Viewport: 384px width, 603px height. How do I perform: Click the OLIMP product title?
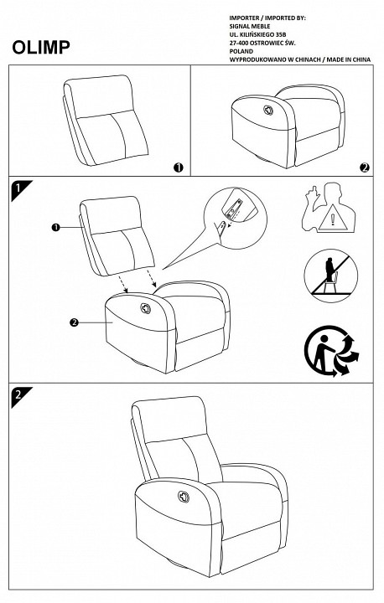pos(41,47)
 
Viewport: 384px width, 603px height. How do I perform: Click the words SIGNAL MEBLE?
pos(250,27)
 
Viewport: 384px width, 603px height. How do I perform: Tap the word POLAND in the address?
pos(241,52)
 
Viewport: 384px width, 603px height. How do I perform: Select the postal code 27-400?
pos(239,43)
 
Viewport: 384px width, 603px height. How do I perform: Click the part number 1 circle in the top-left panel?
pos(179,167)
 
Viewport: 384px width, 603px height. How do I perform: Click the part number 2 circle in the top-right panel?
pos(365,167)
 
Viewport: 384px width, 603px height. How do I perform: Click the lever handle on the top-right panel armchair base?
pos(268,110)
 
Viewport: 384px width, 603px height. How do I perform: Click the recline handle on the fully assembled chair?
pos(184,497)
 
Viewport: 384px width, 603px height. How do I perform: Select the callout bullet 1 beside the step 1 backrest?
pos(55,228)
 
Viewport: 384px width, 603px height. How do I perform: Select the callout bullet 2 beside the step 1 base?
pos(74,322)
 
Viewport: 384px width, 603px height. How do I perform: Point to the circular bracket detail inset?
pos(235,218)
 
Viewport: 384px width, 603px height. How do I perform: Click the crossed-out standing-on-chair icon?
pos(331,276)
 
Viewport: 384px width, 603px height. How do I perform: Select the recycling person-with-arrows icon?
pos(331,350)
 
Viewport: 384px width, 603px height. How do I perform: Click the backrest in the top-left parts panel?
pos(105,120)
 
